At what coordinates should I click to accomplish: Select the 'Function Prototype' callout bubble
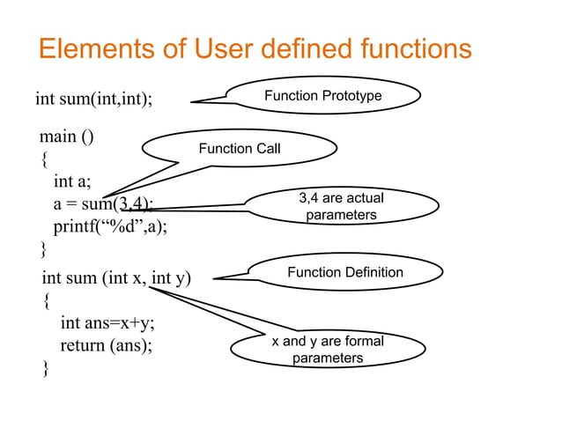point(322,95)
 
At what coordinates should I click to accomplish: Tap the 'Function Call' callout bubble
point(240,149)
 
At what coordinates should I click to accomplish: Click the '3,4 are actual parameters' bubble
point(341,207)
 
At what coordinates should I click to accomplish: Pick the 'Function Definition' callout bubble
point(344,272)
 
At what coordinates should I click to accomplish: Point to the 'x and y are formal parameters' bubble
point(327,350)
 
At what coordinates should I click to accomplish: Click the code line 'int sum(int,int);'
point(93,98)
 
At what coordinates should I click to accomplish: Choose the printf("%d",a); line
point(110,225)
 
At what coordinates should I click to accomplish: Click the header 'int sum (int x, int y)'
point(116,279)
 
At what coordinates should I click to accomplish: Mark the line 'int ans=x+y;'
point(108,322)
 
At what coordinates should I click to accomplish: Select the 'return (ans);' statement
point(106,344)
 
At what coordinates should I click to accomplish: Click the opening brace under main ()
point(45,160)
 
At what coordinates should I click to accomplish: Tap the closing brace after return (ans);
point(46,368)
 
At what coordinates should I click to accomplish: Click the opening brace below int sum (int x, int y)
point(47,301)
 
